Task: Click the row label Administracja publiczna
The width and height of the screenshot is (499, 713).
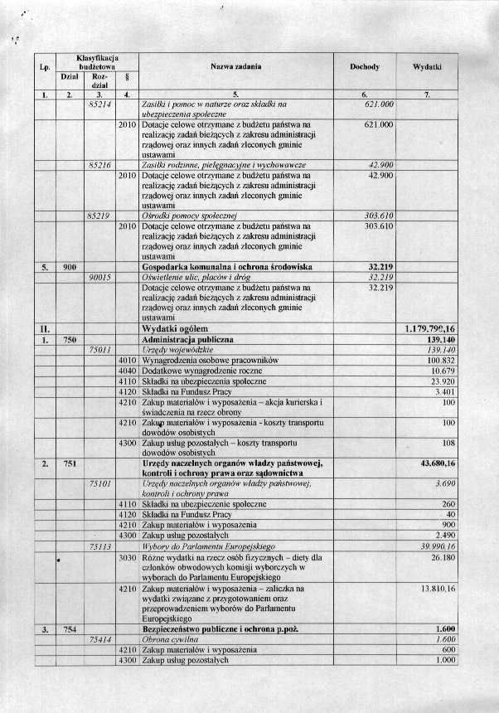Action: pos(187,340)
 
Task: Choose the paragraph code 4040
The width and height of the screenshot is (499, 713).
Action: pos(127,371)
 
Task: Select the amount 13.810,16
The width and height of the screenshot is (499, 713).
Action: pos(439,589)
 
